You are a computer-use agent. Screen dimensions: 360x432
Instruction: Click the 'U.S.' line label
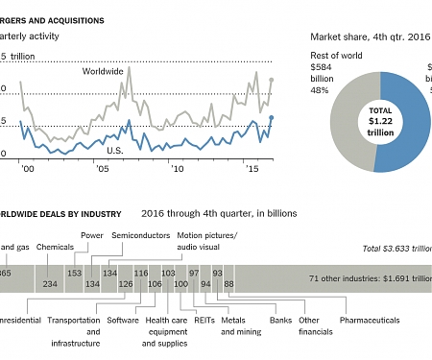(114, 151)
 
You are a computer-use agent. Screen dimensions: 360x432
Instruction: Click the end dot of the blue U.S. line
(272, 118)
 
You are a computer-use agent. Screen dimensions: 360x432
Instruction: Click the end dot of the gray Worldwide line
(272, 81)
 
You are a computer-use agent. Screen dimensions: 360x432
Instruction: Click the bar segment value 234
(50, 284)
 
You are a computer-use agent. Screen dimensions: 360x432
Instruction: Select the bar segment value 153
(74, 273)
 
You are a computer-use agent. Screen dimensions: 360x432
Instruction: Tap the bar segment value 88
(228, 284)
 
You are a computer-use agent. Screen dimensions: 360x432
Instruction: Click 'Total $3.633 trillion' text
(393, 249)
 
